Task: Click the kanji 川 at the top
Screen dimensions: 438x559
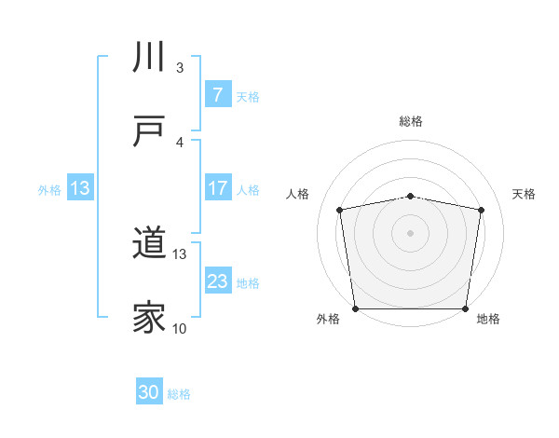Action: pyautogui.click(x=150, y=58)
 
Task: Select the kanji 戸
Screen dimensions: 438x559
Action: pyautogui.click(x=150, y=131)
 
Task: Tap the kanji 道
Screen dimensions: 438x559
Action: pyautogui.click(x=150, y=244)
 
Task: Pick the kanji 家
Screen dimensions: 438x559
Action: pyautogui.click(x=150, y=318)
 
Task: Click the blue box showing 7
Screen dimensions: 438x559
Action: pyautogui.click(x=217, y=95)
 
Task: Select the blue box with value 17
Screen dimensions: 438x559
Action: pyautogui.click(x=217, y=188)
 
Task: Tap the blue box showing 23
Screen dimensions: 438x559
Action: pyautogui.click(x=217, y=281)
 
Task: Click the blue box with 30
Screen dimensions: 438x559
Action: pyautogui.click(x=149, y=393)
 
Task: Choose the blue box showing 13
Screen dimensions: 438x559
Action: pyautogui.click(x=80, y=188)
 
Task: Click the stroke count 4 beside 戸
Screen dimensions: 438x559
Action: pyautogui.click(x=180, y=142)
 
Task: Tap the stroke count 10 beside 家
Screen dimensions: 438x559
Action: pyautogui.click(x=180, y=328)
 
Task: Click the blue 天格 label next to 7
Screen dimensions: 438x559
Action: pyautogui.click(x=248, y=96)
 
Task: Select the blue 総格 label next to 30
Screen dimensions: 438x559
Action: pyautogui.click(x=179, y=394)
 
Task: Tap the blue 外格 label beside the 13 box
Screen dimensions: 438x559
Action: pyautogui.click(x=49, y=189)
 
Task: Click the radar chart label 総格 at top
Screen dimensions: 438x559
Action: pyautogui.click(x=410, y=121)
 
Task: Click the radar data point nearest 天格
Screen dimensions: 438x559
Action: pyautogui.click(x=481, y=210)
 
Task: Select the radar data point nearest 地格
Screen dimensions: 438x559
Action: pyautogui.click(x=465, y=308)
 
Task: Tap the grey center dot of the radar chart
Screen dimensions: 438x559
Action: pyautogui.click(x=410, y=232)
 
